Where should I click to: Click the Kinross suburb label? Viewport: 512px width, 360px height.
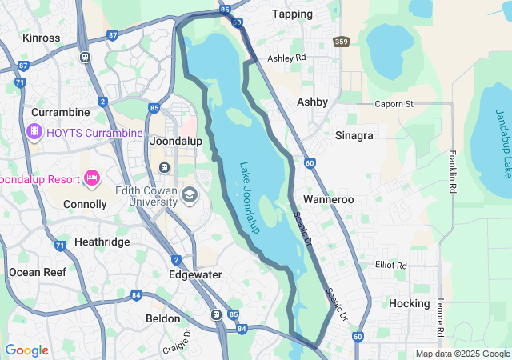click(42, 38)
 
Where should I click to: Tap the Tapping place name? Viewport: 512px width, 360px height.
click(292, 14)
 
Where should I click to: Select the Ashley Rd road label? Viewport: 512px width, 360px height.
click(286, 58)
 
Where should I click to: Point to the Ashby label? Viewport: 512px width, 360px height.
click(312, 102)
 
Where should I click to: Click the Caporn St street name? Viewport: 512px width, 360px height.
click(394, 104)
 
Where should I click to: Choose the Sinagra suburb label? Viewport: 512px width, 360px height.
click(354, 135)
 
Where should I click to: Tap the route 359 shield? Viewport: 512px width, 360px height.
click(342, 42)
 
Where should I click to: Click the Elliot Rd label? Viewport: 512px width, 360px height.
click(390, 265)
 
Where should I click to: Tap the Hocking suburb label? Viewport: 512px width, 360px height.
click(409, 303)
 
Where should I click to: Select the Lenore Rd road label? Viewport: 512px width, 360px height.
click(440, 318)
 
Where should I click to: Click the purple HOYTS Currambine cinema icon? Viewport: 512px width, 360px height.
click(34, 132)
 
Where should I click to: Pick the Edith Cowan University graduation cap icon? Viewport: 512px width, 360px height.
click(190, 195)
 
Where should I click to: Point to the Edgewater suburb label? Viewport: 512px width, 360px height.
click(195, 274)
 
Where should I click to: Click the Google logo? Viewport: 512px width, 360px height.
click(26, 350)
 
